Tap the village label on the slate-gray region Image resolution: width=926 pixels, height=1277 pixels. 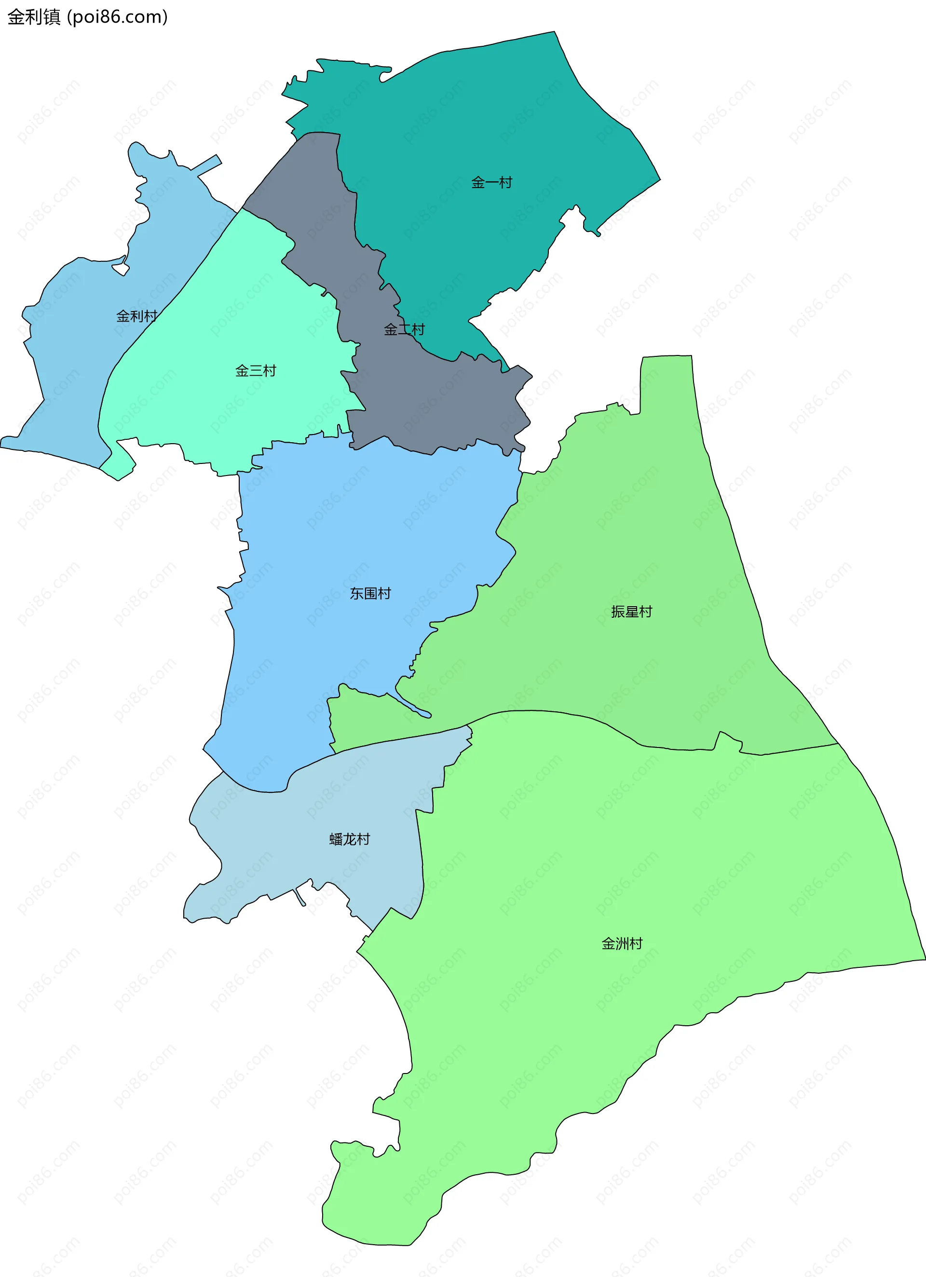[404, 329]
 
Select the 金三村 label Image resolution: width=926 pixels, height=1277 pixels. [256, 370]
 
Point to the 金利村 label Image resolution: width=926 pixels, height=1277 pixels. [136, 316]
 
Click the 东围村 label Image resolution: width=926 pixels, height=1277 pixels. [370, 594]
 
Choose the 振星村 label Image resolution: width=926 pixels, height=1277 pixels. [631, 611]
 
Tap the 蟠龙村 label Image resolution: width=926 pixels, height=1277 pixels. [349, 839]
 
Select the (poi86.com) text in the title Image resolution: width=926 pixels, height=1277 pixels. [117, 17]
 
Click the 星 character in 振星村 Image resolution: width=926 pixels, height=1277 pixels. [631, 611]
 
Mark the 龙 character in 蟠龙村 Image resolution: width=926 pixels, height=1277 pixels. [349, 839]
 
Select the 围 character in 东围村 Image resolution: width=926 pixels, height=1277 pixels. [370, 594]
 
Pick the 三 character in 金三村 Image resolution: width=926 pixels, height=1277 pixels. [256, 370]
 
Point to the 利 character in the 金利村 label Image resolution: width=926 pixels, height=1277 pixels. [136, 316]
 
